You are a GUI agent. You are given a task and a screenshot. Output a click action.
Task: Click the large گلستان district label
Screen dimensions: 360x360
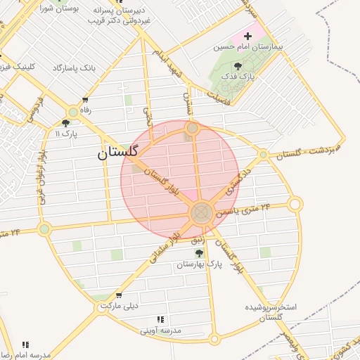[118, 153]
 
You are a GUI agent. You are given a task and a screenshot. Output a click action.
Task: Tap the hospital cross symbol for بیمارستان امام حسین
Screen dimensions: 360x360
[247, 35]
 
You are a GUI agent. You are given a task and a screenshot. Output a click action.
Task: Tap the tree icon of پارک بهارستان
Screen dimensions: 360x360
[198, 253]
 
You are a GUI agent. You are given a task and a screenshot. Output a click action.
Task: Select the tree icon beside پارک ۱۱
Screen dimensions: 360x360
[65, 122]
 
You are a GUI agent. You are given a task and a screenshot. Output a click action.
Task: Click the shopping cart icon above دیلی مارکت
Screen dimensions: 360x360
[118, 295]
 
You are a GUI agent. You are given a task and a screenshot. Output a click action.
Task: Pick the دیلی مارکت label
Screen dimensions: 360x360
[119, 306]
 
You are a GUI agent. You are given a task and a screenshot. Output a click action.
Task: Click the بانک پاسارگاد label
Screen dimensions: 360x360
[74, 68]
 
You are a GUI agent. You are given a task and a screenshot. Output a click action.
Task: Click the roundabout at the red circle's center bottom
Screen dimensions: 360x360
[202, 212]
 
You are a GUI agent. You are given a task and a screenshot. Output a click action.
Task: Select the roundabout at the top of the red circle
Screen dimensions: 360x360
[192, 128]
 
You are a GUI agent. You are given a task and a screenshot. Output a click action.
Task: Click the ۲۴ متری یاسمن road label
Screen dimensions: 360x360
[243, 210]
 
